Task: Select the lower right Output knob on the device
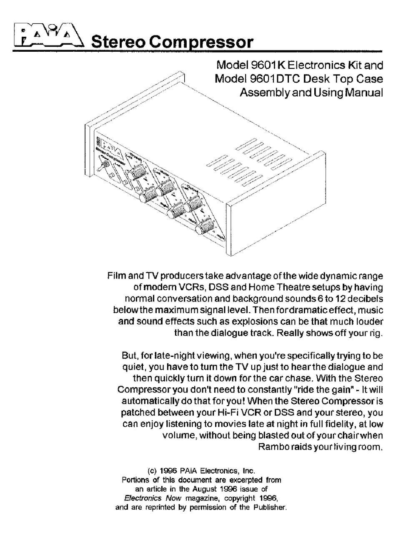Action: pyautogui.click(x=204, y=226)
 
